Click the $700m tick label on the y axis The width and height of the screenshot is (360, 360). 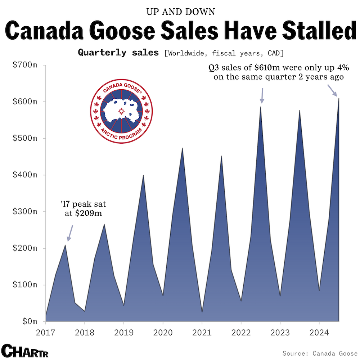tap(24, 66)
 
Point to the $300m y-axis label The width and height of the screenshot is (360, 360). tap(24, 212)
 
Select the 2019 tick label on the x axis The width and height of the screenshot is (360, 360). tap(123, 332)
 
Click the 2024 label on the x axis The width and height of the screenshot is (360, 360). tap(319, 332)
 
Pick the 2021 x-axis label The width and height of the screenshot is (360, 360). tap(202, 332)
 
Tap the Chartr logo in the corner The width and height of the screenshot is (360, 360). tap(25, 350)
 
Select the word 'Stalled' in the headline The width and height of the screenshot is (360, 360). tap(312, 31)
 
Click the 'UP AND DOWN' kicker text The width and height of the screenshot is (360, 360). tap(180, 12)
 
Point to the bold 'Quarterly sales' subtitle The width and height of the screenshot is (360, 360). tap(118, 53)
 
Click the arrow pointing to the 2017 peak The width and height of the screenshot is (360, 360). tap(70, 233)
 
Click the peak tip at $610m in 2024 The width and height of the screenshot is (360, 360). tap(339, 98)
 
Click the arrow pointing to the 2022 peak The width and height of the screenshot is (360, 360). tap(262, 95)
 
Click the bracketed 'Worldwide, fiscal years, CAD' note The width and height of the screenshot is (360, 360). tap(224, 53)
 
